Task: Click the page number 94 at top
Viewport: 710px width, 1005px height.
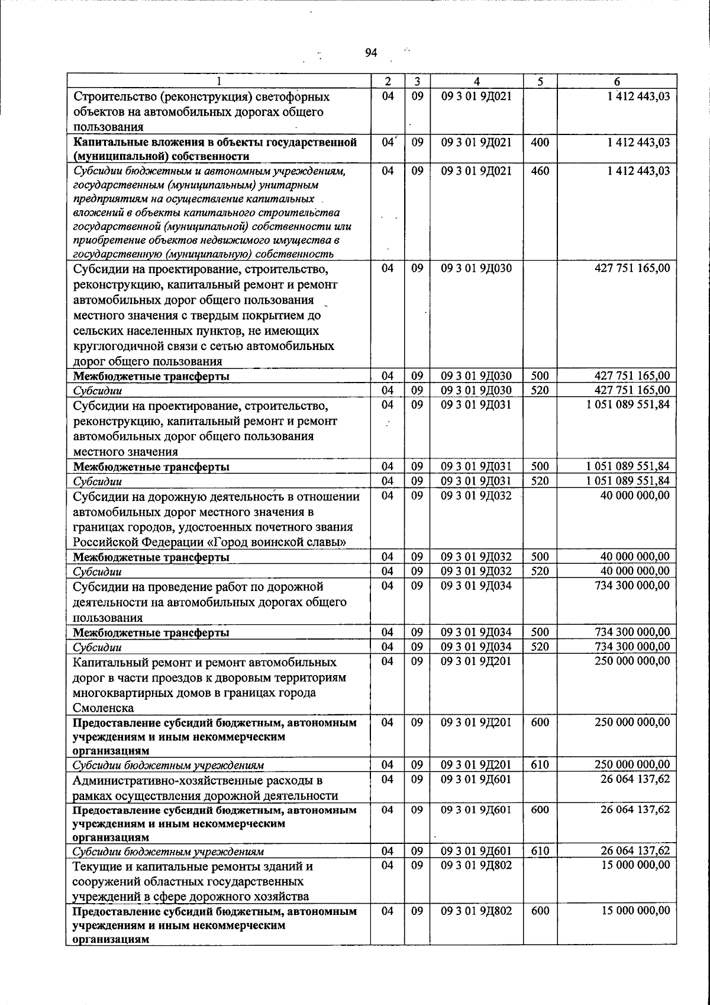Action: tap(371, 53)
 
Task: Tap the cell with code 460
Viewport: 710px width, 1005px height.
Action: tap(540, 171)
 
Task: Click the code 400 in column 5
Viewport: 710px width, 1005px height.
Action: tap(540, 142)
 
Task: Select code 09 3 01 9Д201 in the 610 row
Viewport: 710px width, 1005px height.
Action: tap(476, 765)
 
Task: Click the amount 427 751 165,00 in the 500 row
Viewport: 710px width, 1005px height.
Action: tap(632, 375)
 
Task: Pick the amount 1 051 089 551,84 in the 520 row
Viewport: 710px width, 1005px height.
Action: tap(628, 480)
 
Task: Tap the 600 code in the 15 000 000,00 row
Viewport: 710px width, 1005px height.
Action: tap(540, 911)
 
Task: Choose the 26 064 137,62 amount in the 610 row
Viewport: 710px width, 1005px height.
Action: tap(635, 851)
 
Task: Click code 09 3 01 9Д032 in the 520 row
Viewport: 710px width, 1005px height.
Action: tap(476, 571)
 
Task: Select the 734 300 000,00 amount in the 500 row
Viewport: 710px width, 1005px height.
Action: tap(632, 632)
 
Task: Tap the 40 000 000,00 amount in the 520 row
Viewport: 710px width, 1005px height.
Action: tap(635, 571)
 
